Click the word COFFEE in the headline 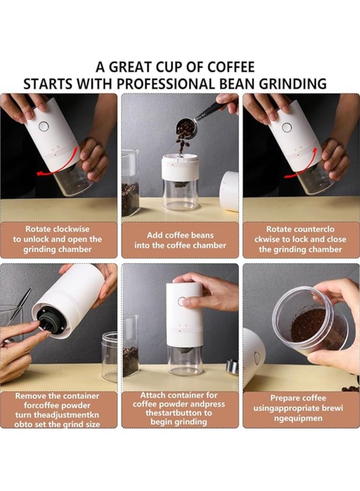click(231, 67)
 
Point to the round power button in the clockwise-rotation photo click(43, 126)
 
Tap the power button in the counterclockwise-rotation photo click(287, 127)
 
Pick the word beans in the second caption click(202, 235)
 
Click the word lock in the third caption click(300, 239)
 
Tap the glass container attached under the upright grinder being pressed click(185, 361)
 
